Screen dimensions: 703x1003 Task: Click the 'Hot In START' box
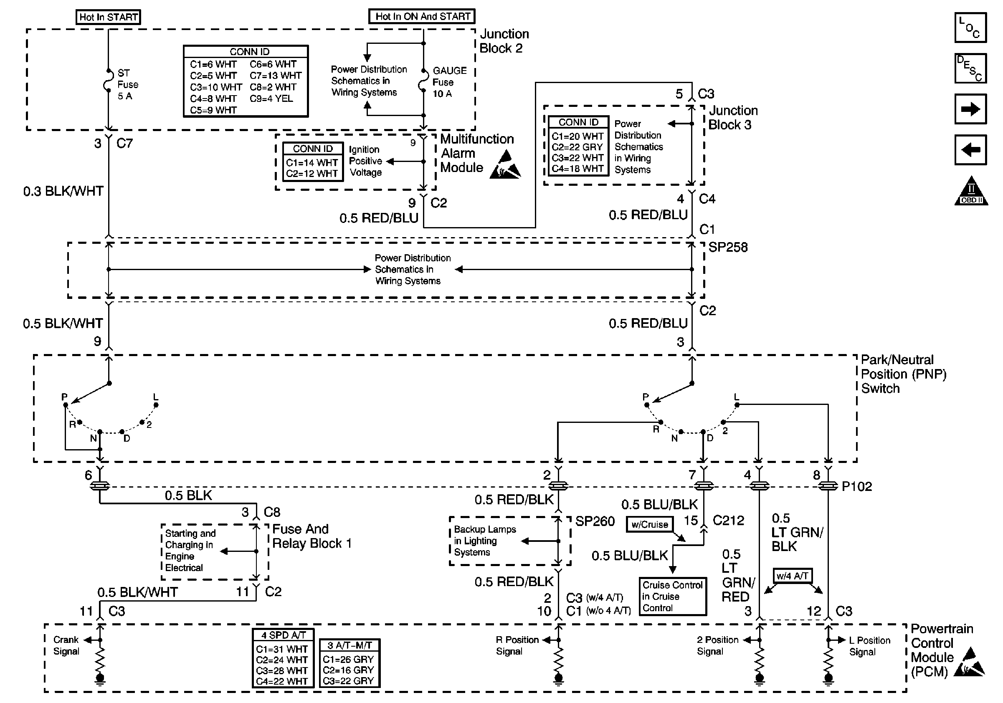pyautogui.click(x=108, y=17)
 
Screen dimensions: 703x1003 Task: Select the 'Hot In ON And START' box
pyautogui.click(x=422, y=17)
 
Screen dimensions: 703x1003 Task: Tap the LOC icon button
pyautogui.click(x=970, y=28)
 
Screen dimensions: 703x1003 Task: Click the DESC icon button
pyautogui.click(x=970, y=68)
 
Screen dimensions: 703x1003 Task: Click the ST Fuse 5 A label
pyautogui.click(x=127, y=85)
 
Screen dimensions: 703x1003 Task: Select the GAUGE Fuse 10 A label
pyautogui.click(x=449, y=82)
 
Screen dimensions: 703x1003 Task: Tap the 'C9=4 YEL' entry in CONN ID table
pyautogui.click(x=271, y=99)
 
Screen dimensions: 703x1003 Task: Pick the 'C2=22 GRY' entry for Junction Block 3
pyautogui.click(x=577, y=147)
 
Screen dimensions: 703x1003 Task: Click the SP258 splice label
pyautogui.click(x=728, y=248)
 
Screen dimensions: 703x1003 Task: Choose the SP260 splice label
pyautogui.click(x=595, y=521)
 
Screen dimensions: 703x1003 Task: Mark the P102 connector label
pyautogui.click(x=857, y=486)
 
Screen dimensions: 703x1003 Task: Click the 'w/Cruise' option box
pyautogui.click(x=650, y=524)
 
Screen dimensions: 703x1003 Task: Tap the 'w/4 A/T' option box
pyautogui.click(x=793, y=576)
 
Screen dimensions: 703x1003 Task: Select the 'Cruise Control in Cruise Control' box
pyautogui.click(x=672, y=597)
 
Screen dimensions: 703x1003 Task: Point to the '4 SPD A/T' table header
pyautogui.click(x=283, y=635)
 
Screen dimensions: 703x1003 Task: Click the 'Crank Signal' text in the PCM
pyautogui.click(x=66, y=645)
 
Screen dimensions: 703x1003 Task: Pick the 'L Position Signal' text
pyautogui.click(x=869, y=646)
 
